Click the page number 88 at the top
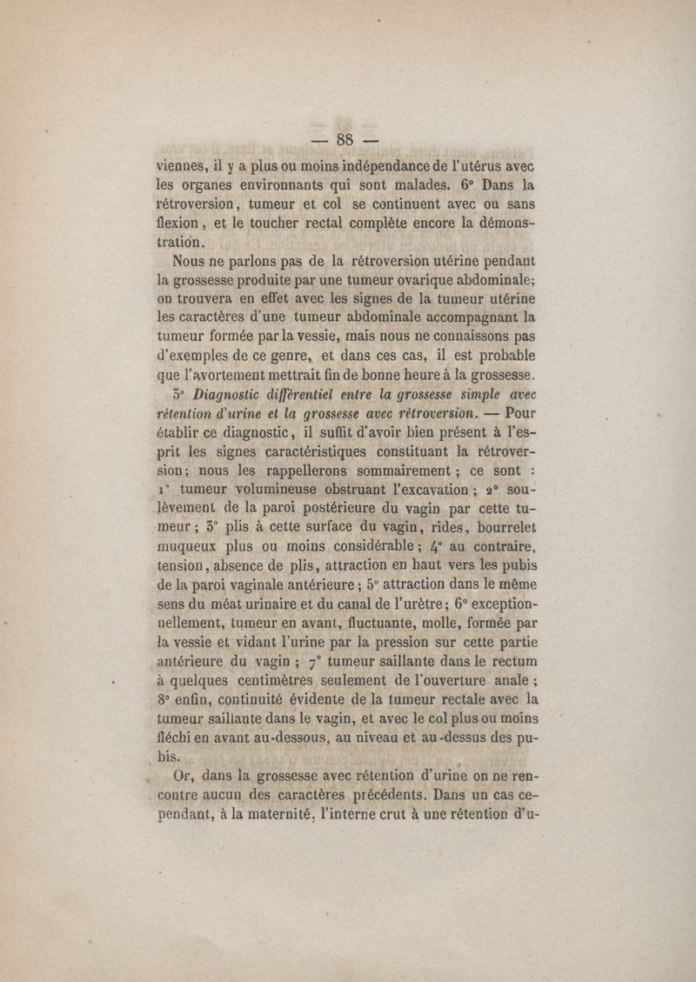[346, 139]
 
